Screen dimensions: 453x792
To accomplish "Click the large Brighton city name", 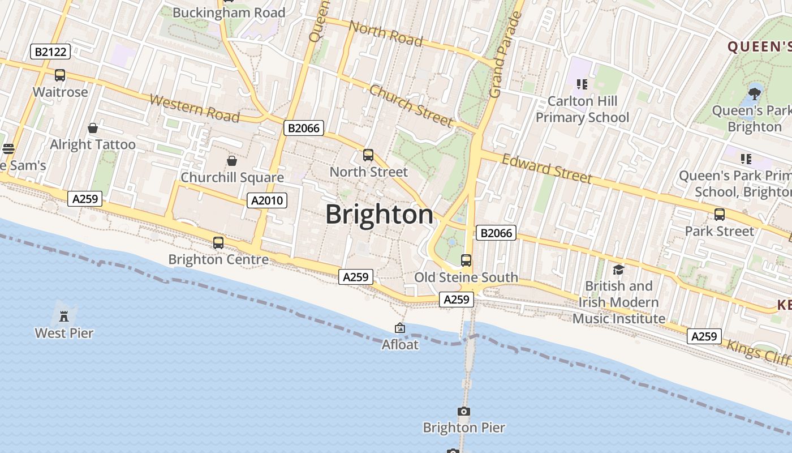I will (x=380, y=215).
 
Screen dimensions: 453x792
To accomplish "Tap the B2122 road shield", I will (x=50, y=52).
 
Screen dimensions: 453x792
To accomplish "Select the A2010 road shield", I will (x=267, y=200).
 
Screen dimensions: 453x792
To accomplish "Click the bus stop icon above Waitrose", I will (x=60, y=75).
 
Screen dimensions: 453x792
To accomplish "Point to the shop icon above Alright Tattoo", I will (x=93, y=128).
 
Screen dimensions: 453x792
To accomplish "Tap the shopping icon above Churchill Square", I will (x=231, y=161).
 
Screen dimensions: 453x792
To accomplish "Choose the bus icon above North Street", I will (x=368, y=155).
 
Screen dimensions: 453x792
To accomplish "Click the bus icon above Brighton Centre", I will (x=218, y=243).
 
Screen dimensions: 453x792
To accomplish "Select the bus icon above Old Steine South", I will (x=466, y=260).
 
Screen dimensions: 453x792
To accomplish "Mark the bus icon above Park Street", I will (x=720, y=215).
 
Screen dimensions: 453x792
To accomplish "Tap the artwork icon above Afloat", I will (x=400, y=328).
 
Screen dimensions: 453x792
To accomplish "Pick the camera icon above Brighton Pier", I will (x=464, y=411).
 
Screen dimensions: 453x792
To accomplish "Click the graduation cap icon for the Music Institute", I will (x=618, y=270).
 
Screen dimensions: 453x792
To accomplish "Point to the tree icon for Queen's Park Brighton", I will (x=755, y=93).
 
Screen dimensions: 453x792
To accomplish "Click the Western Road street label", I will (x=194, y=108).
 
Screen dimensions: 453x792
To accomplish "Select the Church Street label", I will (x=411, y=106).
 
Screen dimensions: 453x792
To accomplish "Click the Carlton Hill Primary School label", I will (x=582, y=109).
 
